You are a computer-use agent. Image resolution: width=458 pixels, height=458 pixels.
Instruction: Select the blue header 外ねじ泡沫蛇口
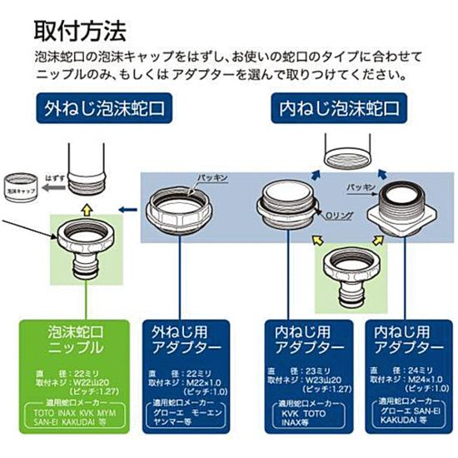[x=108, y=108]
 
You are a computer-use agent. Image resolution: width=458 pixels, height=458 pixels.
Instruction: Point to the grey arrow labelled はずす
[x=49, y=187]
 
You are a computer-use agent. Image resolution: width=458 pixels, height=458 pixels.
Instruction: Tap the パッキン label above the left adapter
[x=213, y=178]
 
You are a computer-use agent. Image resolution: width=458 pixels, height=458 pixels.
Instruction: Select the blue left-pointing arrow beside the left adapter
[x=127, y=211]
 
